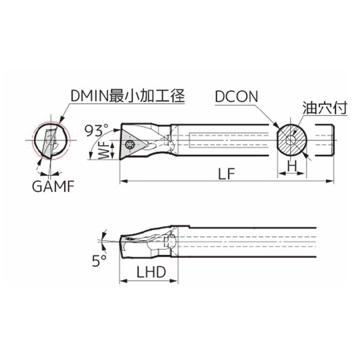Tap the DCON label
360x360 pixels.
tap(236, 97)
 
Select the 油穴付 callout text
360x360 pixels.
tap(325, 107)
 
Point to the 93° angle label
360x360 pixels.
tap(97, 130)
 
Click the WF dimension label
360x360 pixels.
tap(104, 151)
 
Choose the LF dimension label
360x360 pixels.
tap(226, 173)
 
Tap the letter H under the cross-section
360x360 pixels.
tap(292, 166)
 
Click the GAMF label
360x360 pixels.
tap(53, 186)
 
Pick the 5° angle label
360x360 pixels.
tap(100, 260)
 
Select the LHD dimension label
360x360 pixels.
tap(151, 272)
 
